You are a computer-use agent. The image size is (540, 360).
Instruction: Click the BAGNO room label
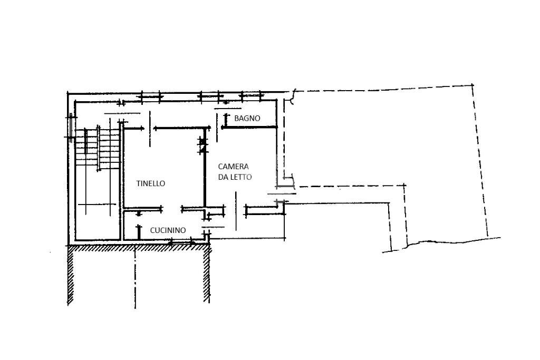click(247, 119)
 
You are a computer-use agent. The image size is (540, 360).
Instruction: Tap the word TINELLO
click(151, 183)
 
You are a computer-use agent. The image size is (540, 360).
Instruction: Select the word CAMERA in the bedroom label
click(233, 167)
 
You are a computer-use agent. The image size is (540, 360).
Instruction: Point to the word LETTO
click(241, 177)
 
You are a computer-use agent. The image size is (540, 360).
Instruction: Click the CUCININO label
click(168, 230)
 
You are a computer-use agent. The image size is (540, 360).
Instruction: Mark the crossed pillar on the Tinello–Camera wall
click(201, 145)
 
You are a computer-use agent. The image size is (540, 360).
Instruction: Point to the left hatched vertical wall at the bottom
click(70, 277)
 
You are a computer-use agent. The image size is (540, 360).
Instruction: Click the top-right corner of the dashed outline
click(472, 85)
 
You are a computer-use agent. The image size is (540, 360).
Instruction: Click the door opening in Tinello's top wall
click(149, 128)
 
